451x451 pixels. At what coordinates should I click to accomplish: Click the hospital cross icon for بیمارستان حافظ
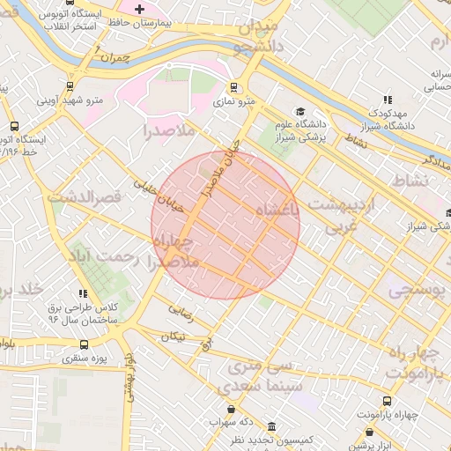tap(139, 8)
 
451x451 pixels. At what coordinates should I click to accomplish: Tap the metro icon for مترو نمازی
tap(233, 87)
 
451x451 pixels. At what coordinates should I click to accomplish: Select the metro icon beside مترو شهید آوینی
tap(69, 86)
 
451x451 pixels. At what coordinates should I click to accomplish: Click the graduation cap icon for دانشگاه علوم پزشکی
tap(299, 112)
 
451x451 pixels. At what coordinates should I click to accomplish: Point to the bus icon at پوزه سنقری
tap(84, 344)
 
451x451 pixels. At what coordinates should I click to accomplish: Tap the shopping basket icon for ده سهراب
tap(232, 409)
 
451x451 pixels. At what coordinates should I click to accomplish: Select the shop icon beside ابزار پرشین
tap(368, 433)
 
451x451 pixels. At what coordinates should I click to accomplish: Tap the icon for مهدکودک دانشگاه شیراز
tap(388, 100)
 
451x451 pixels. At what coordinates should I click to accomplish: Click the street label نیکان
tap(173, 336)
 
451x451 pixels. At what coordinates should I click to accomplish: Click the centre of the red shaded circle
tap(225, 225)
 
